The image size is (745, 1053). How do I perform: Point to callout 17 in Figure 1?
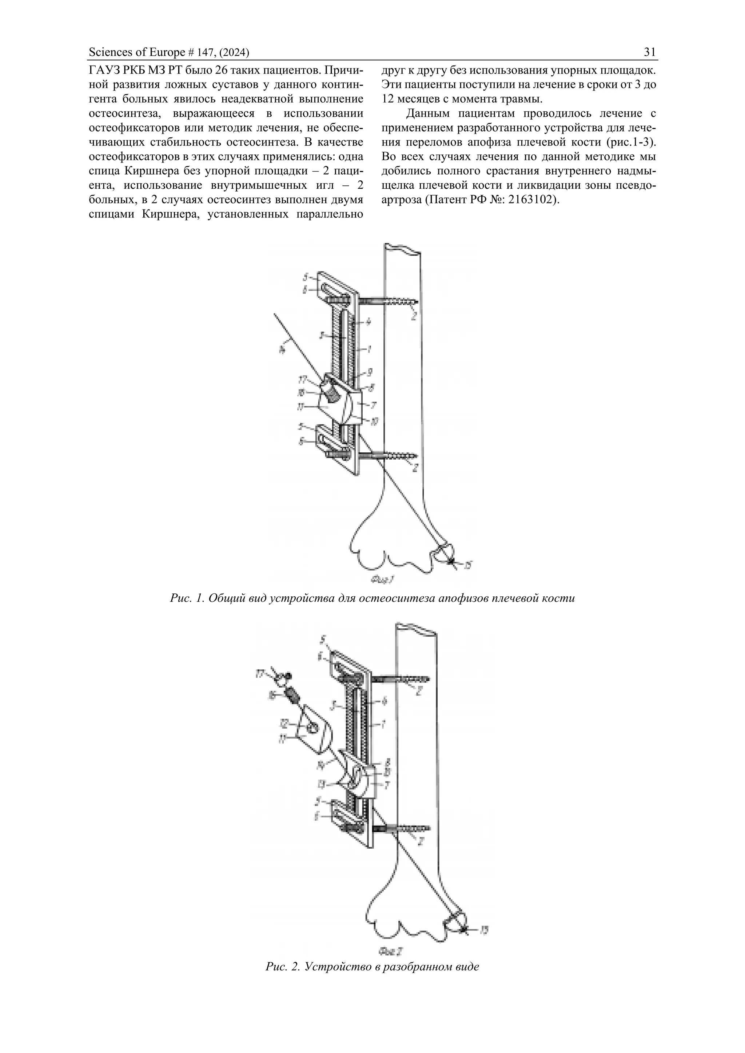pos(302,379)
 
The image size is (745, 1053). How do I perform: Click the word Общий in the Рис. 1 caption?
pos(223,598)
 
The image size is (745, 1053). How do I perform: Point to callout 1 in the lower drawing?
pos(383,725)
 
